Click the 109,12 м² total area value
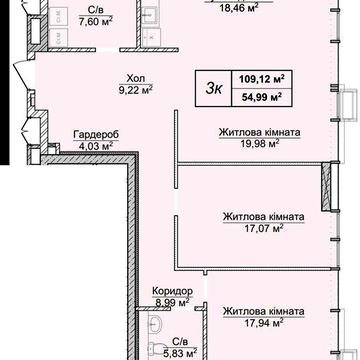[262, 79]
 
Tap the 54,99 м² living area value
[262, 97]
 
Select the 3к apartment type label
[213, 89]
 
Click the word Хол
[136, 79]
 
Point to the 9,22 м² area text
[136, 90]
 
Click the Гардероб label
[96, 135]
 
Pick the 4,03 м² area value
[96, 145]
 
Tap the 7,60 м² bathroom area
[96, 21]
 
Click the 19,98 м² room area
[260, 143]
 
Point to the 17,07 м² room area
[263, 228]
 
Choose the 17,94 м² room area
[263, 322]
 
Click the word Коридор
[172, 291]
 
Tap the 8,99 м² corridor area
[172, 302]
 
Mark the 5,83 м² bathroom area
[180, 351]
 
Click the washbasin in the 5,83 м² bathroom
[155, 322]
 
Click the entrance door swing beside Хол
[24, 73]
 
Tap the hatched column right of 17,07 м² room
[326, 186]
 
